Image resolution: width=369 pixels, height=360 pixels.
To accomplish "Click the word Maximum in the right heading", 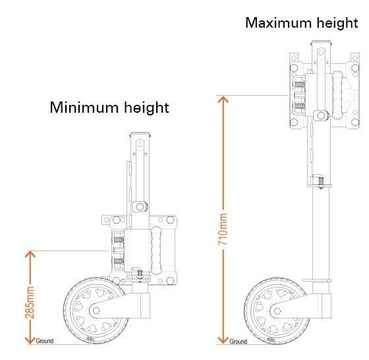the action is tap(279, 23).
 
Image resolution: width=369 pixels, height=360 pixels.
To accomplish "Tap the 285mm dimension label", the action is tap(30, 303).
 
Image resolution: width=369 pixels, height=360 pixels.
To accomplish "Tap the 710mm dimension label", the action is tap(223, 229).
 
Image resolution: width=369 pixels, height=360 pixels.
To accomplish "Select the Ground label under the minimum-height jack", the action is tap(45, 341).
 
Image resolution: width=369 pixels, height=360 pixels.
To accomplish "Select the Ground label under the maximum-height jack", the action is tap(238, 342).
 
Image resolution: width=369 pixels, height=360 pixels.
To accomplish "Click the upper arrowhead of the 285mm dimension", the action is tap(30, 254).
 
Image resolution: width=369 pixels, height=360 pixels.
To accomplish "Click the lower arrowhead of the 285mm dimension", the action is tap(30, 341).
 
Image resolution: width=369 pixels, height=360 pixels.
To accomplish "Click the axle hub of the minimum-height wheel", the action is tap(96, 311).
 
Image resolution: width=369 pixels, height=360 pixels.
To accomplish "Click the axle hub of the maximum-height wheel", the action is tap(277, 311).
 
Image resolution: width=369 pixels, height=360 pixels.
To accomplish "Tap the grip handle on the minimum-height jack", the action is tap(156, 251).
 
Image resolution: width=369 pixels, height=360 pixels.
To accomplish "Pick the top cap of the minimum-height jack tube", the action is tap(140, 135).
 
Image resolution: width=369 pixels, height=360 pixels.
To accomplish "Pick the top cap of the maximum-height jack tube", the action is tap(322, 43).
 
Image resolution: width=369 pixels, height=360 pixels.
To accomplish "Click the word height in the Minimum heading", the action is tap(146, 108).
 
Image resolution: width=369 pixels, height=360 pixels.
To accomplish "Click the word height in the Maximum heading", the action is tap(337, 23).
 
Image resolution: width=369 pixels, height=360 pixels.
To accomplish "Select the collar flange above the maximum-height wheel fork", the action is tap(317, 280).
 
